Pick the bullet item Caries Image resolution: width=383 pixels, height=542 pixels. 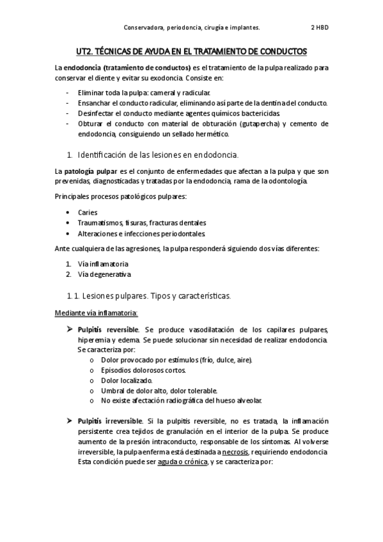tap(88, 212)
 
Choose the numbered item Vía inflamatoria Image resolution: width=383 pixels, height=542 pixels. tap(103, 264)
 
